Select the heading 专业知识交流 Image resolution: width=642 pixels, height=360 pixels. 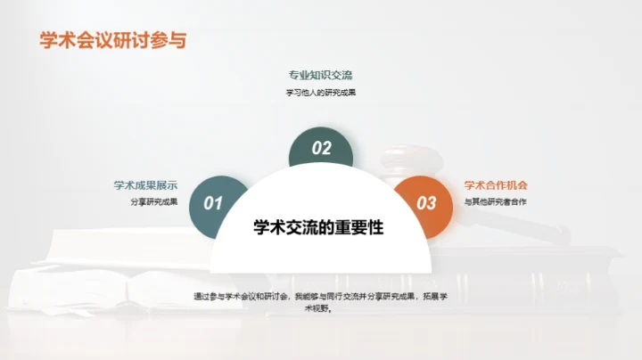(320, 75)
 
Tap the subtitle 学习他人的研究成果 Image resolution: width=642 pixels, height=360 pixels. (320, 92)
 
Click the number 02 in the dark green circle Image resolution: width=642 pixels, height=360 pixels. (321, 148)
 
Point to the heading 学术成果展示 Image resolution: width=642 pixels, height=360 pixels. (145, 185)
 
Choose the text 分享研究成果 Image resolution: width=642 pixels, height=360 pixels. (153, 201)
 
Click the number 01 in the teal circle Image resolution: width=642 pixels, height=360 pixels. (212, 203)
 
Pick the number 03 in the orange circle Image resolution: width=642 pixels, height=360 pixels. (427, 203)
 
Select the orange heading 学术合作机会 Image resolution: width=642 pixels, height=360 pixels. (496, 185)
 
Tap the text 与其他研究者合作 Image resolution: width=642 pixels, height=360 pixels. (496, 202)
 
